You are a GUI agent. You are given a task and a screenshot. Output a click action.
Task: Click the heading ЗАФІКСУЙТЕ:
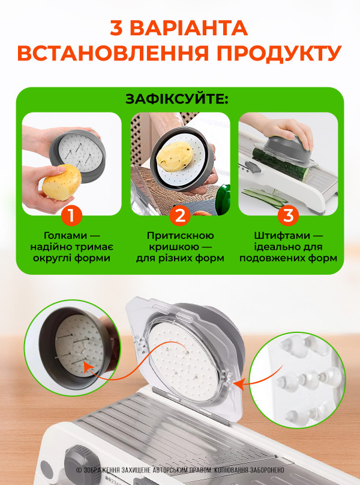[177, 99]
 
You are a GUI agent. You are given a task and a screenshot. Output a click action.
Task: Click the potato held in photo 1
[62, 182]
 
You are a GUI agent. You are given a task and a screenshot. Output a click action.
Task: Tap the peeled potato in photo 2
[175, 156]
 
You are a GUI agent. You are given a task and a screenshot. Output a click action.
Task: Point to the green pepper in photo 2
[223, 199]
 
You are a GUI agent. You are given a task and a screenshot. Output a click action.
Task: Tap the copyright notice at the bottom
[180, 470]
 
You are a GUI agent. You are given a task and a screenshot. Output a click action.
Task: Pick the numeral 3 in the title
[117, 28]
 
